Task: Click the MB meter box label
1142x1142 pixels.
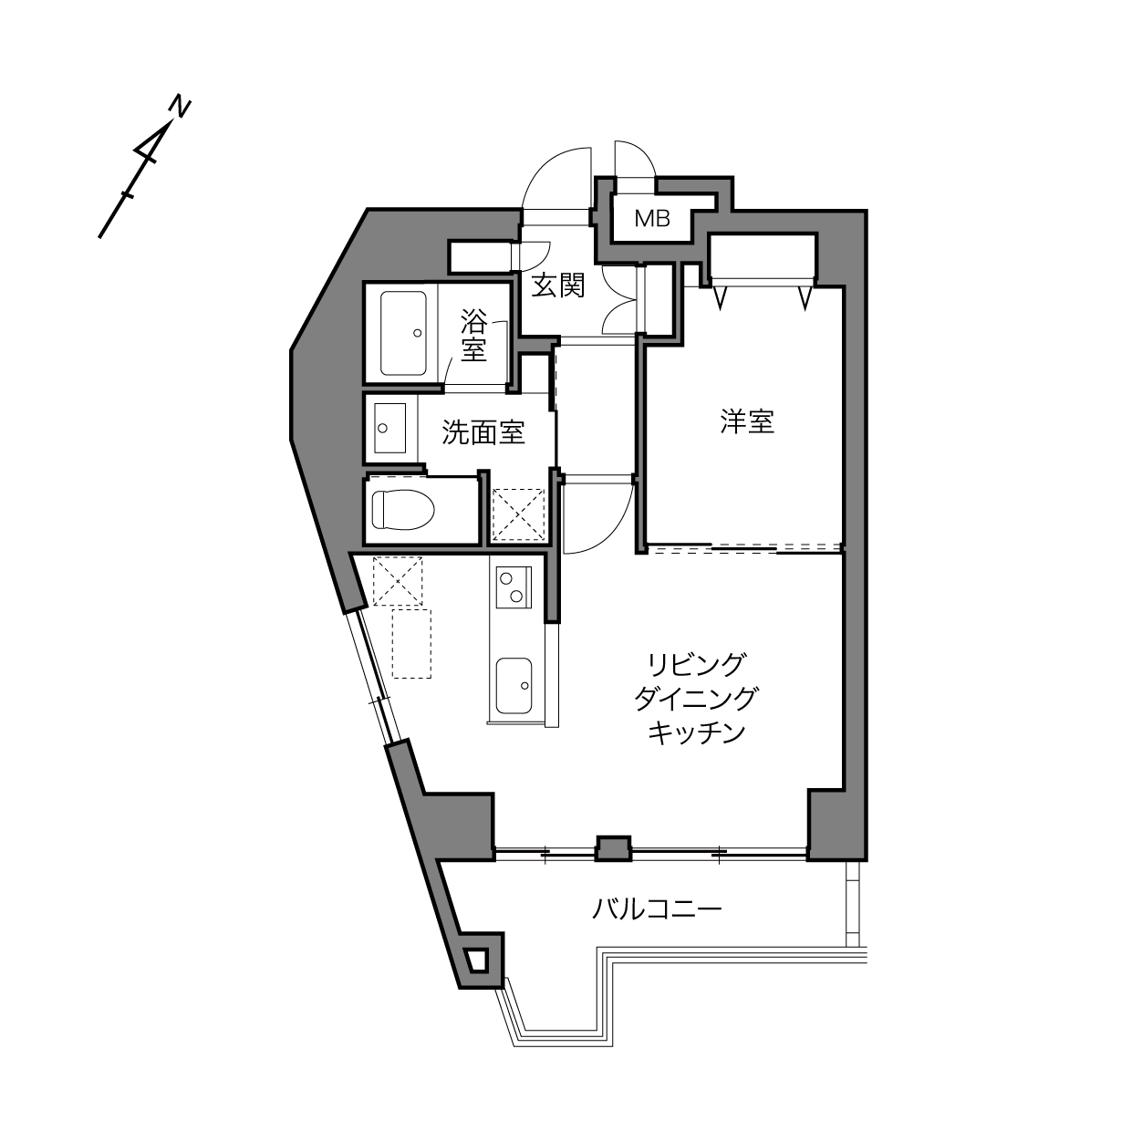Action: (x=652, y=219)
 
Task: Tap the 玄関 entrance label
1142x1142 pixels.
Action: (x=557, y=285)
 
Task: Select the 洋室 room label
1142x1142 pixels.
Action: (x=747, y=422)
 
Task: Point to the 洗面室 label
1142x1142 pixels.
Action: (x=483, y=432)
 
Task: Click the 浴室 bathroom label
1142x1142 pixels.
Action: (x=474, y=336)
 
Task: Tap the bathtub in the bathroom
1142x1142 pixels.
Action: (x=403, y=333)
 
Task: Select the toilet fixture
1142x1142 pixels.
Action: (x=403, y=509)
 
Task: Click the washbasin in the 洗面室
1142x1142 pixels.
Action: (x=390, y=428)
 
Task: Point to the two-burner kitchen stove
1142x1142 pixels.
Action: (x=514, y=587)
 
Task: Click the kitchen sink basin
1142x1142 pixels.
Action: (x=514, y=686)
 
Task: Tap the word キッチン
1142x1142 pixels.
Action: (x=696, y=733)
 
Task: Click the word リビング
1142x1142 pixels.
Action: (x=696, y=665)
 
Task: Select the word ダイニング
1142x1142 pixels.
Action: (x=696, y=700)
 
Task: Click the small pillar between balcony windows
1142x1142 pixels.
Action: (x=613, y=848)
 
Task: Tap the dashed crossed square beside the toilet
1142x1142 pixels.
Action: (x=519, y=514)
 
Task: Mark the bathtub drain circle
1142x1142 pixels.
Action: (x=417, y=333)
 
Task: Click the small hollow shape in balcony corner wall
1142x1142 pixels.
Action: (x=478, y=959)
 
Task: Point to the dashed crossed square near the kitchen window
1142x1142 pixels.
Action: (x=398, y=581)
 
